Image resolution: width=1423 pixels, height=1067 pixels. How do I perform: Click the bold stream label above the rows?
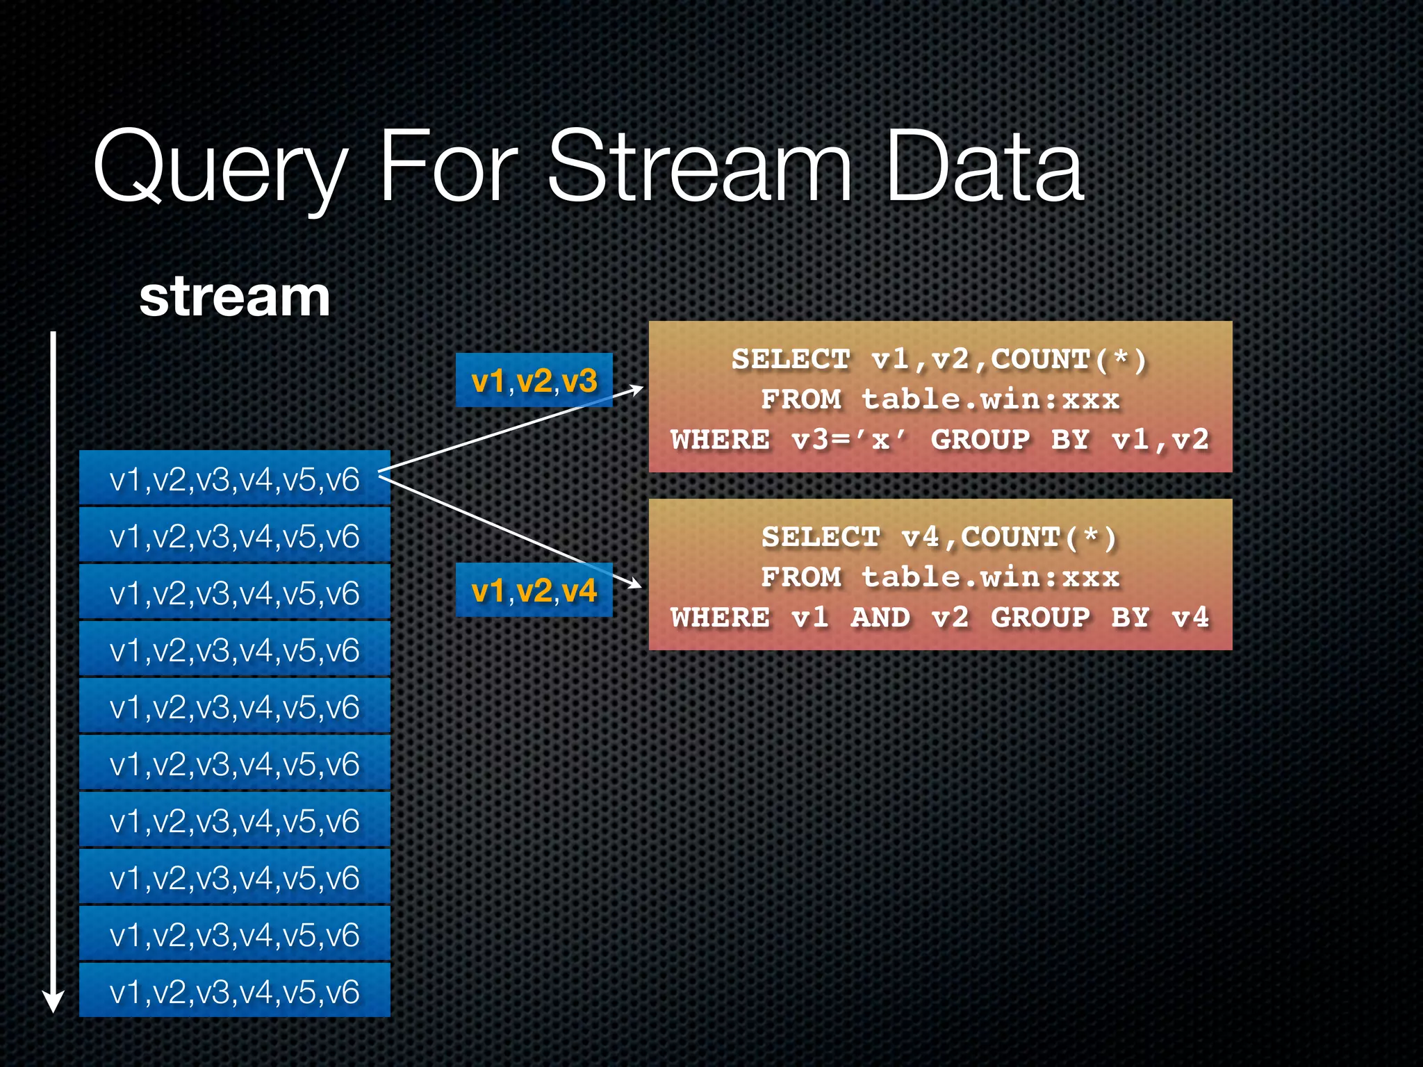tap(234, 297)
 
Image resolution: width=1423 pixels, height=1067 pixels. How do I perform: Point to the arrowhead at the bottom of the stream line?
tap(54, 1001)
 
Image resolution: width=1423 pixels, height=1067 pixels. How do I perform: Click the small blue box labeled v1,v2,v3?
tap(534, 381)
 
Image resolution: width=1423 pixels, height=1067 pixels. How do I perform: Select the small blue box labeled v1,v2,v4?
tap(534, 590)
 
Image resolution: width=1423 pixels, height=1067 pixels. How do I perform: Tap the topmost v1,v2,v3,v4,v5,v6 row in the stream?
tap(234, 479)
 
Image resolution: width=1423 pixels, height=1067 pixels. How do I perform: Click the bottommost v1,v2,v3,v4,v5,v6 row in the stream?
tap(234, 991)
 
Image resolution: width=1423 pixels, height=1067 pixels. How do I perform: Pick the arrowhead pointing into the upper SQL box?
tap(635, 390)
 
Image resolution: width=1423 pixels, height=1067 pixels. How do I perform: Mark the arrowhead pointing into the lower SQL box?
tap(634, 583)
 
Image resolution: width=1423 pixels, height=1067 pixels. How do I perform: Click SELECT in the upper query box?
tap(791, 360)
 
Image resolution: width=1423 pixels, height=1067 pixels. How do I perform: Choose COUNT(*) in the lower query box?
tap(1039, 538)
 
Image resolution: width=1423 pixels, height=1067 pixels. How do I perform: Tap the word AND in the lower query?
tap(880, 618)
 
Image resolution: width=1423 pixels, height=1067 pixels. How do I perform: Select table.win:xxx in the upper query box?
tap(990, 400)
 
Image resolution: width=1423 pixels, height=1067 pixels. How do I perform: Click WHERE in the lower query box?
tap(721, 618)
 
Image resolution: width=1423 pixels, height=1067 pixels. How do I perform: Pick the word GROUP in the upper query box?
tap(980, 440)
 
